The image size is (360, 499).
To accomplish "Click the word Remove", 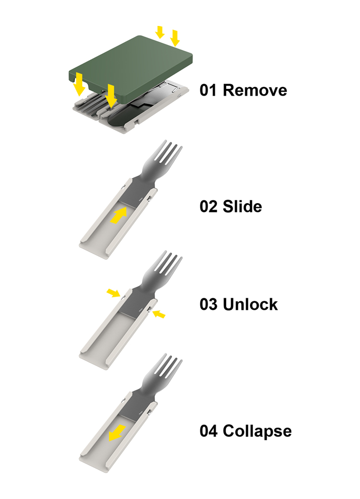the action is [x=255, y=90].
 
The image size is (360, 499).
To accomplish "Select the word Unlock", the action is [x=250, y=304].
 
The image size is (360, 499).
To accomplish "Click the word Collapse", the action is [x=257, y=431].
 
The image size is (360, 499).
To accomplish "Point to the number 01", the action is [x=209, y=90].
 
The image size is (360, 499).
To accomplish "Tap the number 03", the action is [x=209, y=304].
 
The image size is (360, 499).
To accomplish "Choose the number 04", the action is [x=209, y=431].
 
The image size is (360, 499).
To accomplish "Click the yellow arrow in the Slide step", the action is [x=118, y=216].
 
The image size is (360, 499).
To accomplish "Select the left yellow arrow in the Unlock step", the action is [x=113, y=293].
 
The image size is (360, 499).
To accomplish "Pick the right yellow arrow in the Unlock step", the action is [x=159, y=315].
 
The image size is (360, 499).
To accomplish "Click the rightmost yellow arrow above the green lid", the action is [x=175, y=38].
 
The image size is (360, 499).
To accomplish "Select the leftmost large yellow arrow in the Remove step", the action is [x=79, y=85].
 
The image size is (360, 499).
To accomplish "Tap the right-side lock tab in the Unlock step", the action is [x=149, y=308].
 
